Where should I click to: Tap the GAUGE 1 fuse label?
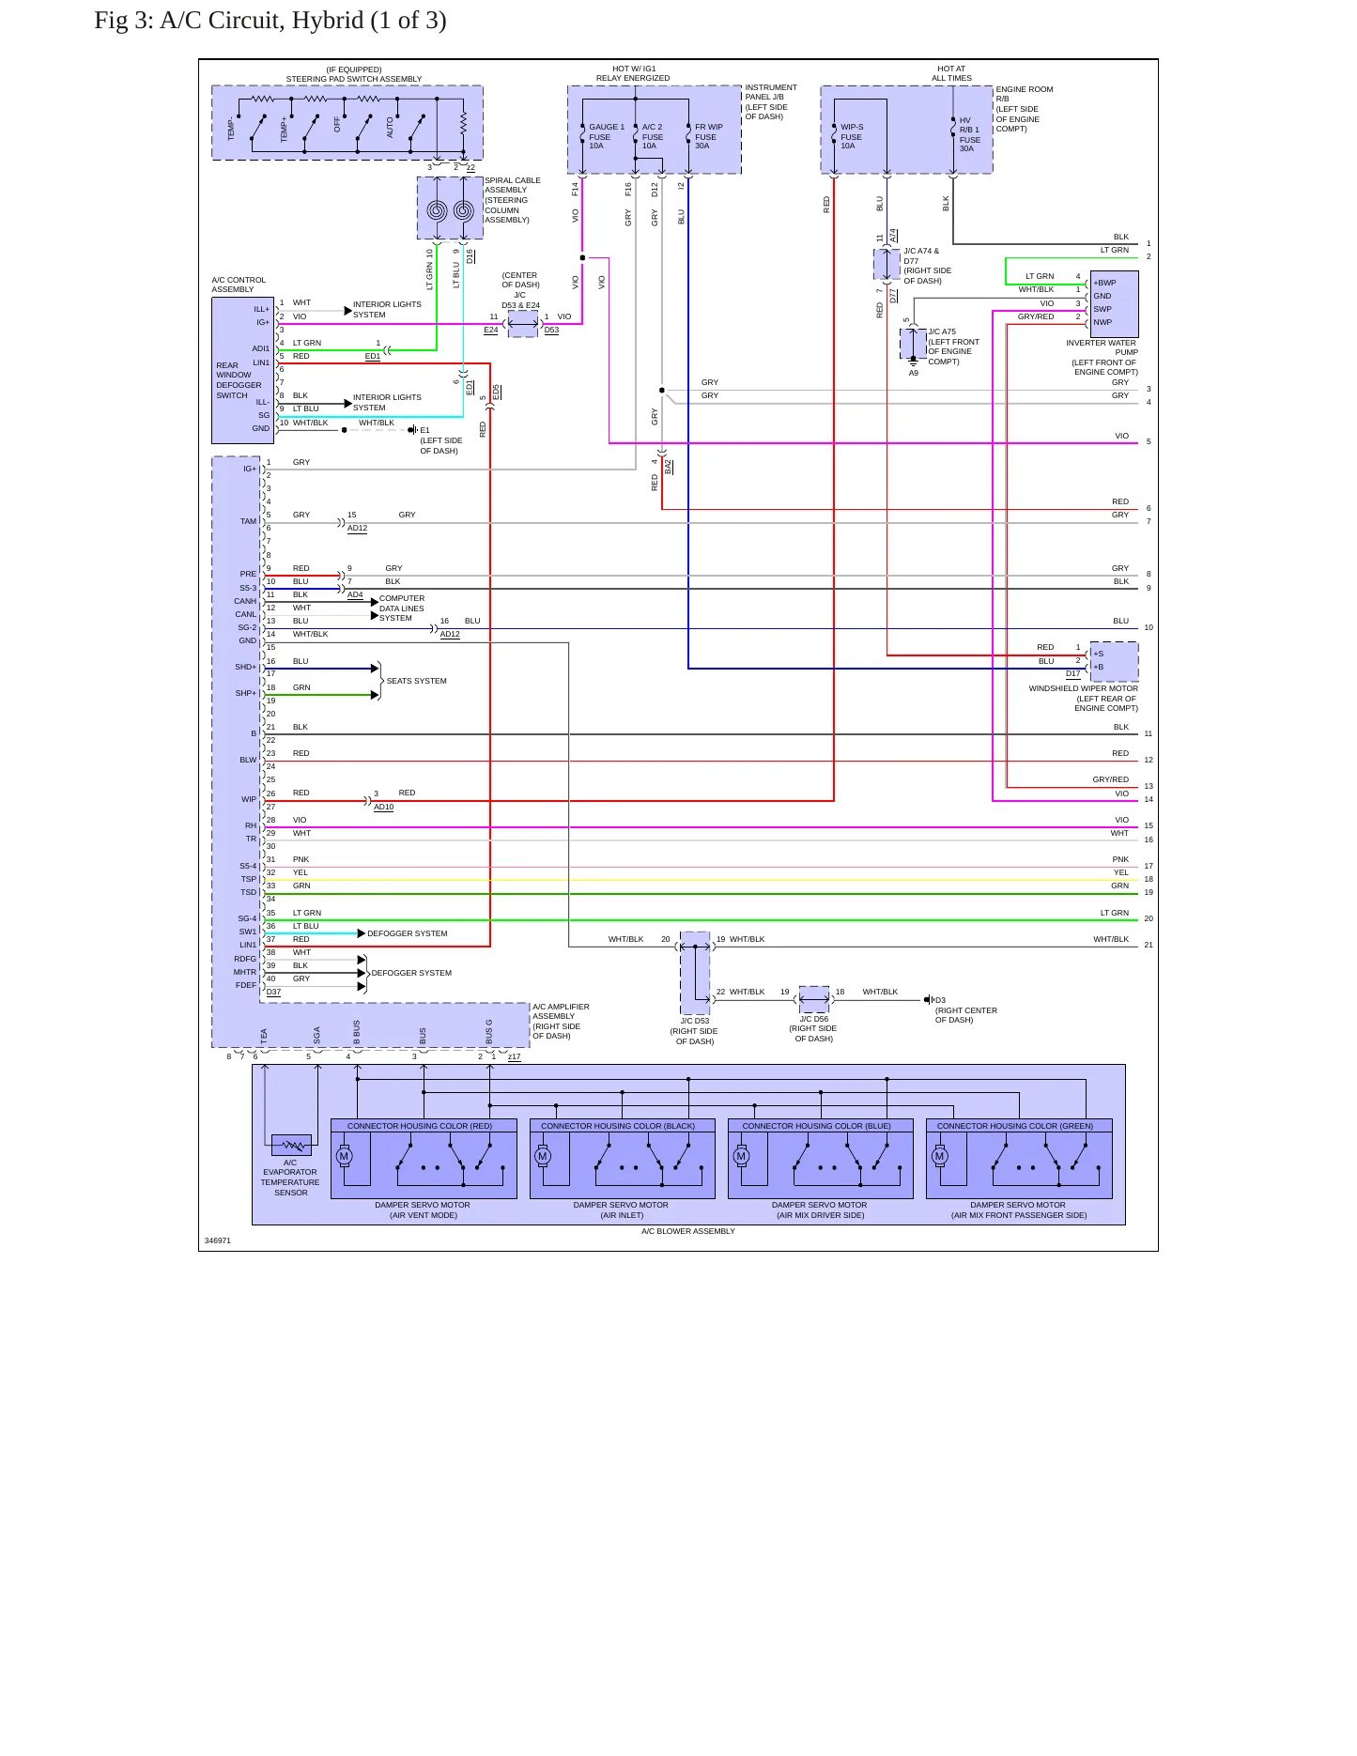click(x=606, y=136)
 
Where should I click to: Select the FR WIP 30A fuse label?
click(x=708, y=136)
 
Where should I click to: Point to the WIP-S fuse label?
click(x=851, y=136)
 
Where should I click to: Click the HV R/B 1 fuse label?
click(x=969, y=134)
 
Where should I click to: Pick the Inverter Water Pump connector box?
click(x=1114, y=304)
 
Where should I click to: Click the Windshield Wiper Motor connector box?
click(x=1114, y=661)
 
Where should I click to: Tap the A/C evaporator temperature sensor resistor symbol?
click(x=291, y=1145)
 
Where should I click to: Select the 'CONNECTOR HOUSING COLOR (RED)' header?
click(x=420, y=1126)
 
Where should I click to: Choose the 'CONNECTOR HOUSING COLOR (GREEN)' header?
click(x=1015, y=1126)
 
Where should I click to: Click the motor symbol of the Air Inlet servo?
click(x=543, y=1156)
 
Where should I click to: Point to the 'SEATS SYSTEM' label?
click(x=417, y=681)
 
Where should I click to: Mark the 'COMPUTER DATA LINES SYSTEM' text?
click(x=402, y=608)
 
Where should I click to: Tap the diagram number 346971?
click(x=218, y=1240)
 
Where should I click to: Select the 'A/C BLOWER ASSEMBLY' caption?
click(x=688, y=1231)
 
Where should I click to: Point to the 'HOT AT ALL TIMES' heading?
click(x=951, y=73)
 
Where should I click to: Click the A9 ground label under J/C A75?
click(x=914, y=373)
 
